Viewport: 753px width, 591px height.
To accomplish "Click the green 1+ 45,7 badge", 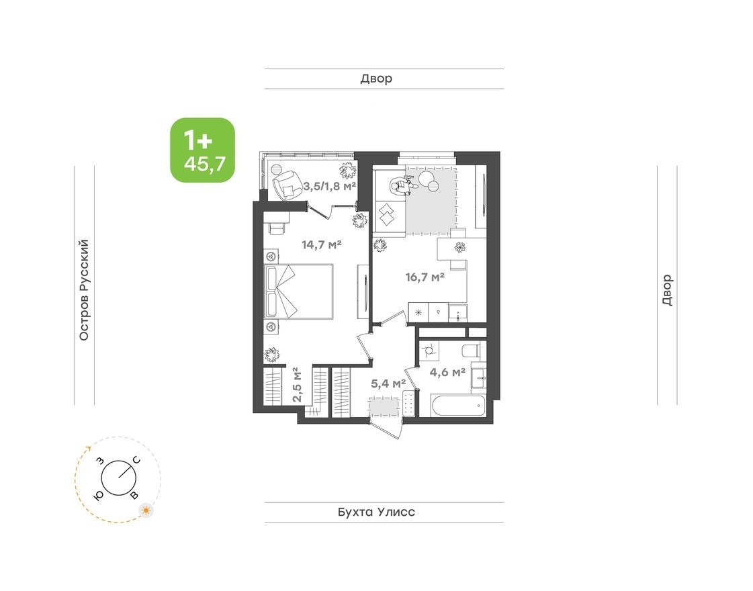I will click(x=202, y=150).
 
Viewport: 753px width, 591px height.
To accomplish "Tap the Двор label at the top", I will click(x=376, y=79).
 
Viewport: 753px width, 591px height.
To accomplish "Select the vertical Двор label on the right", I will click(x=666, y=290).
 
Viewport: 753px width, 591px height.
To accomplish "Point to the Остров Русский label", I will click(x=84, y=289).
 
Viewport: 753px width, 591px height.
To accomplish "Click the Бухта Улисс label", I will click(x=376, y=512).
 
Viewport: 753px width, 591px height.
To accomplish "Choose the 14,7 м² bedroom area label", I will click(x=322, y=244).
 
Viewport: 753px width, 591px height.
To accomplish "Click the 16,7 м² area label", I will click(x=426, y=276).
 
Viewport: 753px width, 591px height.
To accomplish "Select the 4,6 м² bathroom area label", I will click(x=447, y=371).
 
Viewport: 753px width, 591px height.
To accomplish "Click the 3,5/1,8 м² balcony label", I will click(x=329, y=185).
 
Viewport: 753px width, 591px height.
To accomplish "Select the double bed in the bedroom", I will click(x=300, y=291).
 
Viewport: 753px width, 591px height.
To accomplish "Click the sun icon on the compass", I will click(x=146, y=511).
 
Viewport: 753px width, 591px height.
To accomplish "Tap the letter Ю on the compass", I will click(x=99, y=494).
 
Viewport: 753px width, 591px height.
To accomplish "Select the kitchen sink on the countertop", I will click(x=459, y=312).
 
